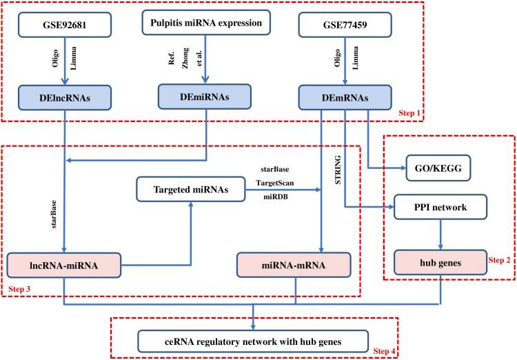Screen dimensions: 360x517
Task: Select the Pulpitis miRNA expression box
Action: [x=205, y=23]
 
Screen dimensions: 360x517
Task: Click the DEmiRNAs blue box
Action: [x=205, y=97]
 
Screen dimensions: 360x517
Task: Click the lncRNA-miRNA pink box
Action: [x=63, y=266]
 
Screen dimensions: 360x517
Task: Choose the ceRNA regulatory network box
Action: [x=254, y=341]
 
